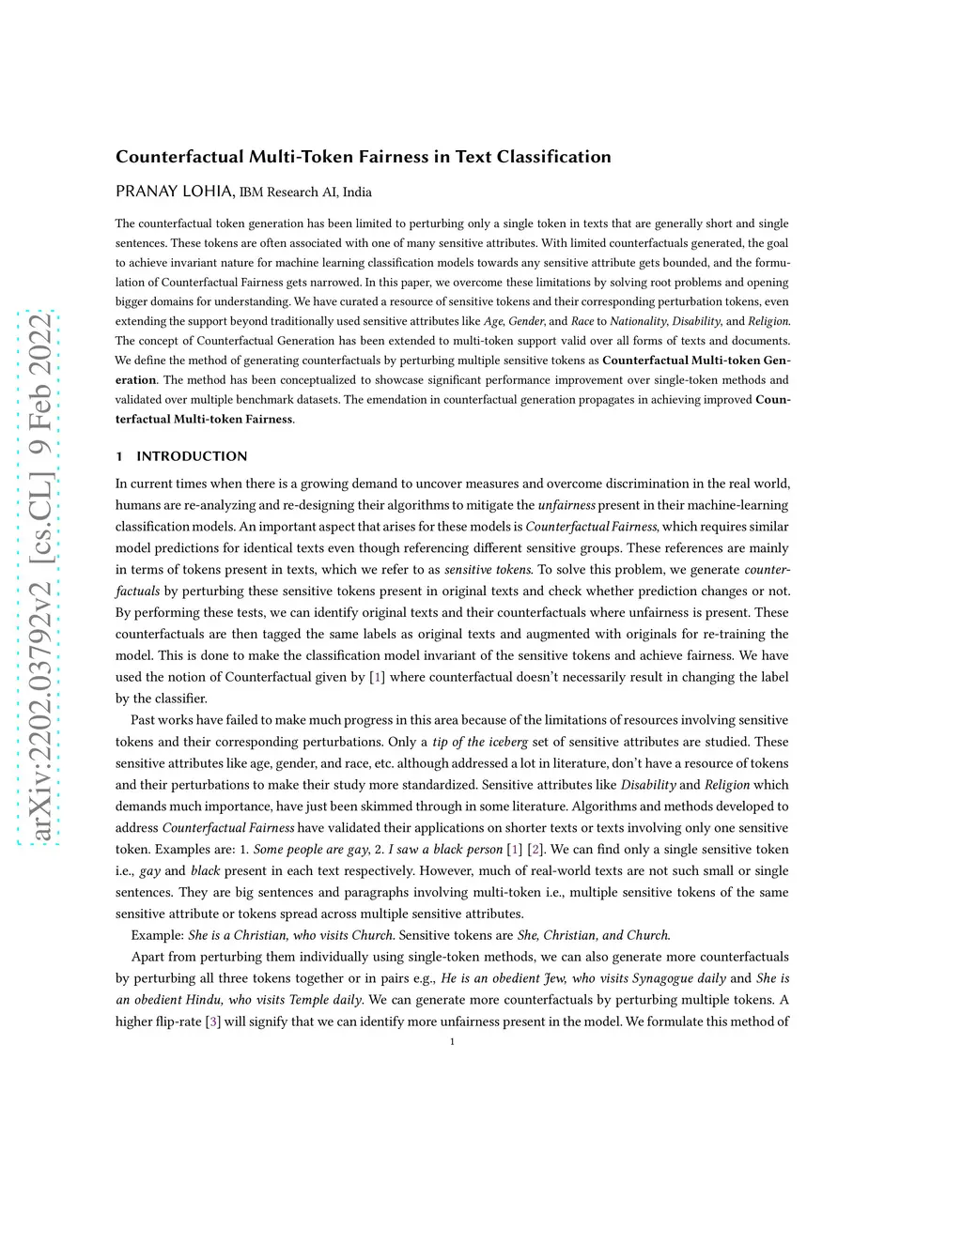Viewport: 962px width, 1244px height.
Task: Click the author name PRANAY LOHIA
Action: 175,192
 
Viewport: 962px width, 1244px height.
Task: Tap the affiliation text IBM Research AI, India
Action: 305,192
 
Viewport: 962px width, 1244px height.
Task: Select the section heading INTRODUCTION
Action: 192,456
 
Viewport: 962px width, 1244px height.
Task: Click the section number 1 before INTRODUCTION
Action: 119,456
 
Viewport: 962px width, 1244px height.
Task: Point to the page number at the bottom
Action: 453,1041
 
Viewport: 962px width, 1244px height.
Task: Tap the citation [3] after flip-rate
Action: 212,1021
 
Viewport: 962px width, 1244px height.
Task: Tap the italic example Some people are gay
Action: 311,850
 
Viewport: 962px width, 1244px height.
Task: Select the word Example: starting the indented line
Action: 158,935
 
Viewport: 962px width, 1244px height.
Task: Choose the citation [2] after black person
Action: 535,850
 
